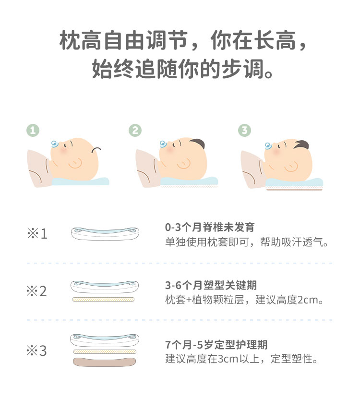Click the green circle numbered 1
[x=33, y=130]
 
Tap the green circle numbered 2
[x=135, y=130]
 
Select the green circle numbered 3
[x=244, y=130]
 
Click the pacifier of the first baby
[x=55, y=144]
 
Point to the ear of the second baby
[x=184, y=164]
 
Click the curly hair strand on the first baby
[x=96, y=150]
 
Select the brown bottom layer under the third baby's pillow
[x=294, y=189]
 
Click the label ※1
[x=37, y=233]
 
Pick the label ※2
[x=36, y=291]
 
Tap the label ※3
[x=36, y=351]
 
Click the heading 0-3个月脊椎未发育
[x=210, y=227]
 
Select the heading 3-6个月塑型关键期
[x=211, y=285]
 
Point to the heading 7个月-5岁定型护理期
[x=216, y=345]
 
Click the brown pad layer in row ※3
[x=104, y=362]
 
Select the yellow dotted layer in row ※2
[x=103, y=299]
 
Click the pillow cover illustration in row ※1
[x=105, y=234]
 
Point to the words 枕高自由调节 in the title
[x=124, y=40]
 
